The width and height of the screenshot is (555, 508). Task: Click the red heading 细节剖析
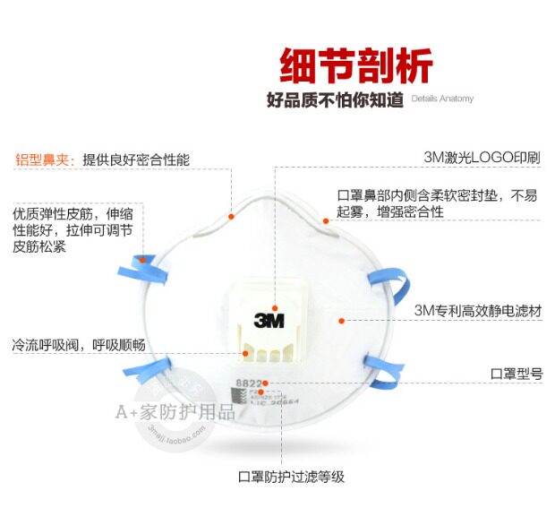pos(355,65)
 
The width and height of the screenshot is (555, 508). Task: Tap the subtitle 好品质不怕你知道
pos(335,99)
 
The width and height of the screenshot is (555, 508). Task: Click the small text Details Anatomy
pos(442,99)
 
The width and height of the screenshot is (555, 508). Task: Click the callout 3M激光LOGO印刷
pos(482,157)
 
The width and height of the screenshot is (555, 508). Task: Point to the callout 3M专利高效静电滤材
pos(477,311)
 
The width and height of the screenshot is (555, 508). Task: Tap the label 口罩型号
pos(517,373)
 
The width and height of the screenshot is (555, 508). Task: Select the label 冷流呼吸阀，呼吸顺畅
pos(79,344)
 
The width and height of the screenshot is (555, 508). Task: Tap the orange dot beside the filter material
pos(340,319)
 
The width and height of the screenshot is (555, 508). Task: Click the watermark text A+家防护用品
pos(174,412)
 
